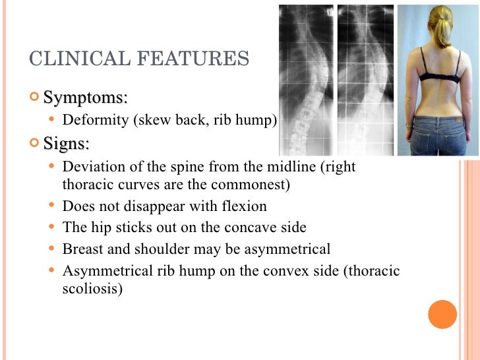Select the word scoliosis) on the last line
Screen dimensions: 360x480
[x=92, y=289]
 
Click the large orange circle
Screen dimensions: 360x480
[x=442, y=314]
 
